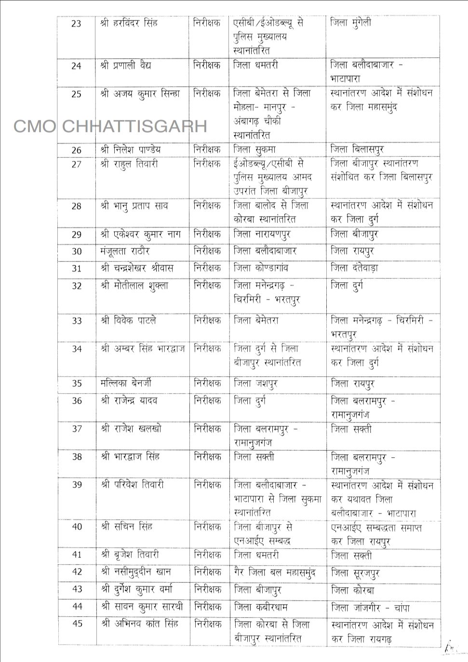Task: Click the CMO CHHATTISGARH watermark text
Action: [110, 126]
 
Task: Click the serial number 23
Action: [76, 24]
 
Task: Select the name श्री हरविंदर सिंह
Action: [129, 23]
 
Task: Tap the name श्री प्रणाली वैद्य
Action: [126, 66]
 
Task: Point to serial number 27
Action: [76, 165]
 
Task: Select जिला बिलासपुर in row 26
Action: [357, 150]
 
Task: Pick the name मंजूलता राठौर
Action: [125, 252]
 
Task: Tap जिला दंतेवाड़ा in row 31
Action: [354, 268]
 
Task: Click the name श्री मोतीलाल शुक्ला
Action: [134, 286]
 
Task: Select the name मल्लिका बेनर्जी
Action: [126, 384]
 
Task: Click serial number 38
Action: [77, 457]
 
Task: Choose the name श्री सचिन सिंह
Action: [127, 527]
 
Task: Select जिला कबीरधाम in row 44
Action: [262, 607]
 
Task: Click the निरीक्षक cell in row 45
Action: [208, 624]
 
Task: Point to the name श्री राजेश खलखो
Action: [131, 429]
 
